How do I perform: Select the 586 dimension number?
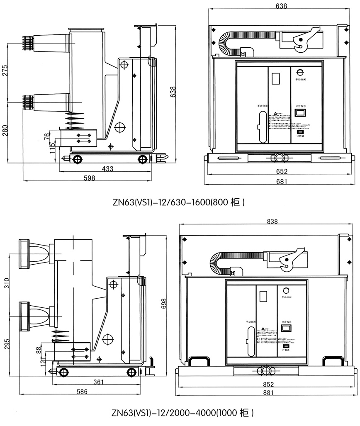[x=83, y=392]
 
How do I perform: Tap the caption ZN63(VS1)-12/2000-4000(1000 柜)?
[x=181, y=413]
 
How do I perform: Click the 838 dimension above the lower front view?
[x=272, y=222]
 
